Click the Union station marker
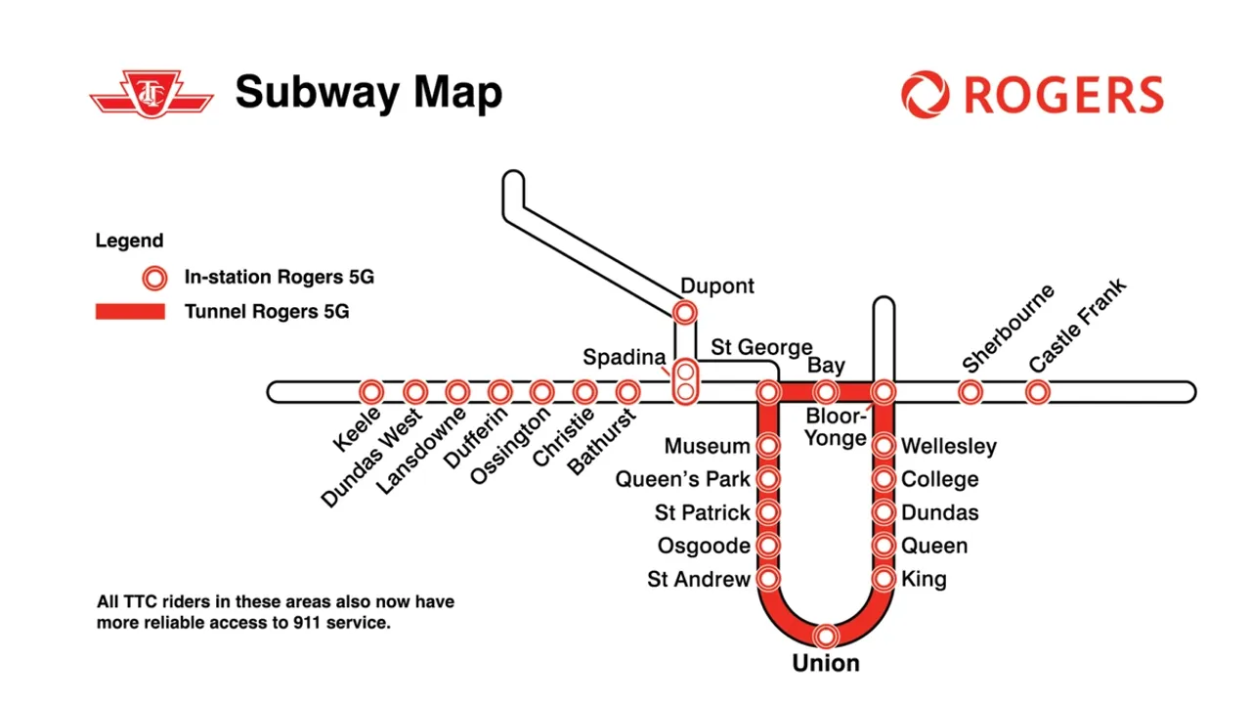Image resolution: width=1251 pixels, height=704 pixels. point(827,636)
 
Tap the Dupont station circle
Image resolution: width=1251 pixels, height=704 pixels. point(685,313)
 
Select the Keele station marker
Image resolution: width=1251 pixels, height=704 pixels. point(370,392)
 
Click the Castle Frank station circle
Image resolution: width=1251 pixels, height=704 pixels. point(1037,392)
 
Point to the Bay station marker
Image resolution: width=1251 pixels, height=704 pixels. point(827,392)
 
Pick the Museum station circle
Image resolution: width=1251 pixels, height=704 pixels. point(768,447)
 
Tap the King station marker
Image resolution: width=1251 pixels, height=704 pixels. point(884,579)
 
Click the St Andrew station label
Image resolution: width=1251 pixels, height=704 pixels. point(699,579)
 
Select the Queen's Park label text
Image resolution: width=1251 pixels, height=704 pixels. point(682,479)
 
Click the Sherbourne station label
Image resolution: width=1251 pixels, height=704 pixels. point(1008,329)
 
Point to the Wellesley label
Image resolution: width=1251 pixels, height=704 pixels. point(949,447)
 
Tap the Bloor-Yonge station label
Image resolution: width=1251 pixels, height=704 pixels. point(836,428)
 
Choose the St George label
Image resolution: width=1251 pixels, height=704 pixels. point(761,347)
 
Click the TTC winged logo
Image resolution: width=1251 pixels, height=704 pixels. point(151,94)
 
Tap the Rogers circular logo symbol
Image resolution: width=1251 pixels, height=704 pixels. point(925,95)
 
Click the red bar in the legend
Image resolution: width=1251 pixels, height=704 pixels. point(130,312)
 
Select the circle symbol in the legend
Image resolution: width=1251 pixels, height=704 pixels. point(153,278)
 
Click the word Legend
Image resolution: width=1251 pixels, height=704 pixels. point(129,241)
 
